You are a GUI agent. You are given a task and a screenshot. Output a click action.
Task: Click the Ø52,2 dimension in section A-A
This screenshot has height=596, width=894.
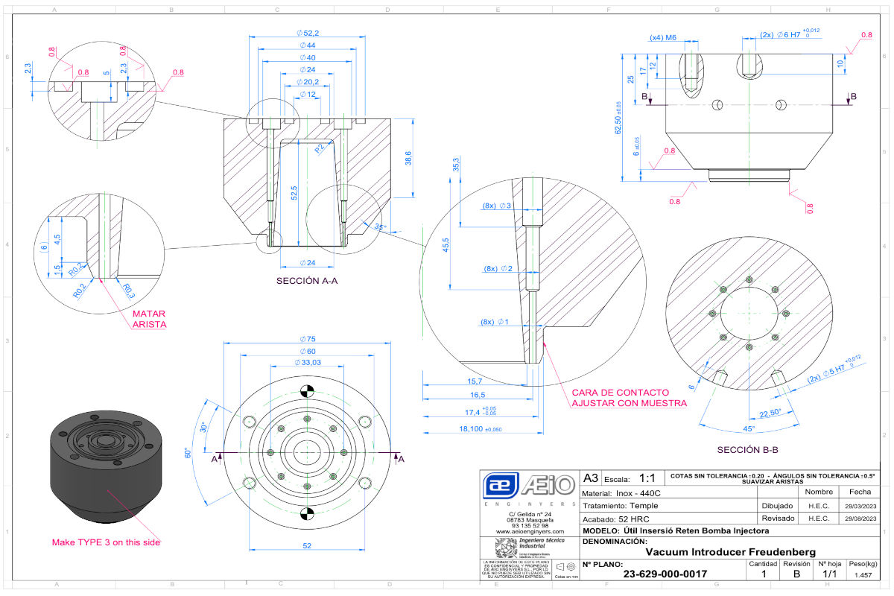pos(308,33)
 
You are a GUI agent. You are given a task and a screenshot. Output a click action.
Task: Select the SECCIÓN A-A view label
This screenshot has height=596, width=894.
pos(307,281)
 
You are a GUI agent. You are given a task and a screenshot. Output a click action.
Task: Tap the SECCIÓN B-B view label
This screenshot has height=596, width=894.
pos(748,450)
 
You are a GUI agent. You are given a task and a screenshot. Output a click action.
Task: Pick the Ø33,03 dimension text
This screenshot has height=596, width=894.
pos(308,363)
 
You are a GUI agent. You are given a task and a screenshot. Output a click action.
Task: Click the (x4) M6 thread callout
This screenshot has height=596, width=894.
pos(662,37)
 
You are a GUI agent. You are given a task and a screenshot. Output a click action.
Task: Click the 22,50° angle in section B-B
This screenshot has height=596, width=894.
pos(770,413)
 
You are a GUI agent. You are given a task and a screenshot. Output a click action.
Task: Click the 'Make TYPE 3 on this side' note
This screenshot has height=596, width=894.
pos(106,542)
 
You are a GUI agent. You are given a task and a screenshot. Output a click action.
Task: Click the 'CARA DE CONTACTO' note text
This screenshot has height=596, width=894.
pos(620,392)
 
